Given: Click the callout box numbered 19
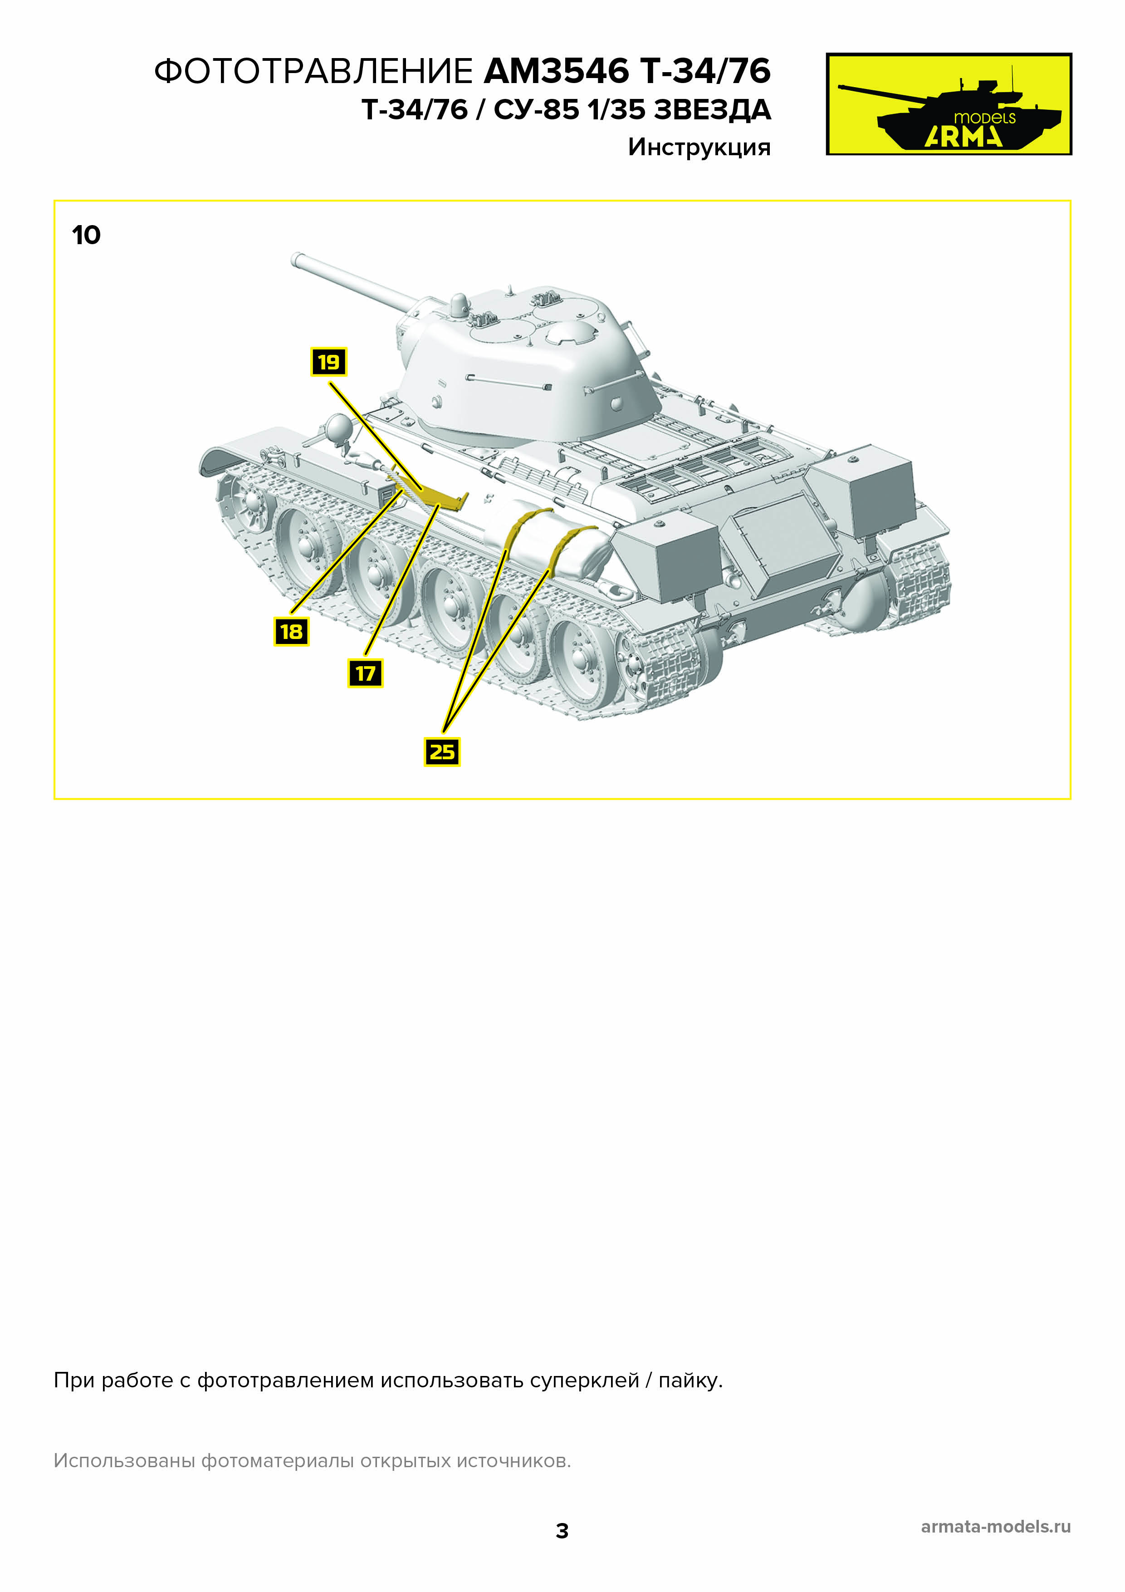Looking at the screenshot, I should [328, 362].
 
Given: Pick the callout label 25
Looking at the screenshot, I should [442, 752].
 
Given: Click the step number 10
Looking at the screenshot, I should [86, 235].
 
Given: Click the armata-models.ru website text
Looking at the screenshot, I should [995, 1526].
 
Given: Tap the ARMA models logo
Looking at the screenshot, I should [948, 104].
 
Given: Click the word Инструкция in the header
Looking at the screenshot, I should [699, 147].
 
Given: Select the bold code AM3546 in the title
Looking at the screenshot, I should [556, 71].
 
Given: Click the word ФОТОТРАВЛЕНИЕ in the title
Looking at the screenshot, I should [313, 71].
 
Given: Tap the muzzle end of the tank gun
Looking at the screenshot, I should [297, 260].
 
